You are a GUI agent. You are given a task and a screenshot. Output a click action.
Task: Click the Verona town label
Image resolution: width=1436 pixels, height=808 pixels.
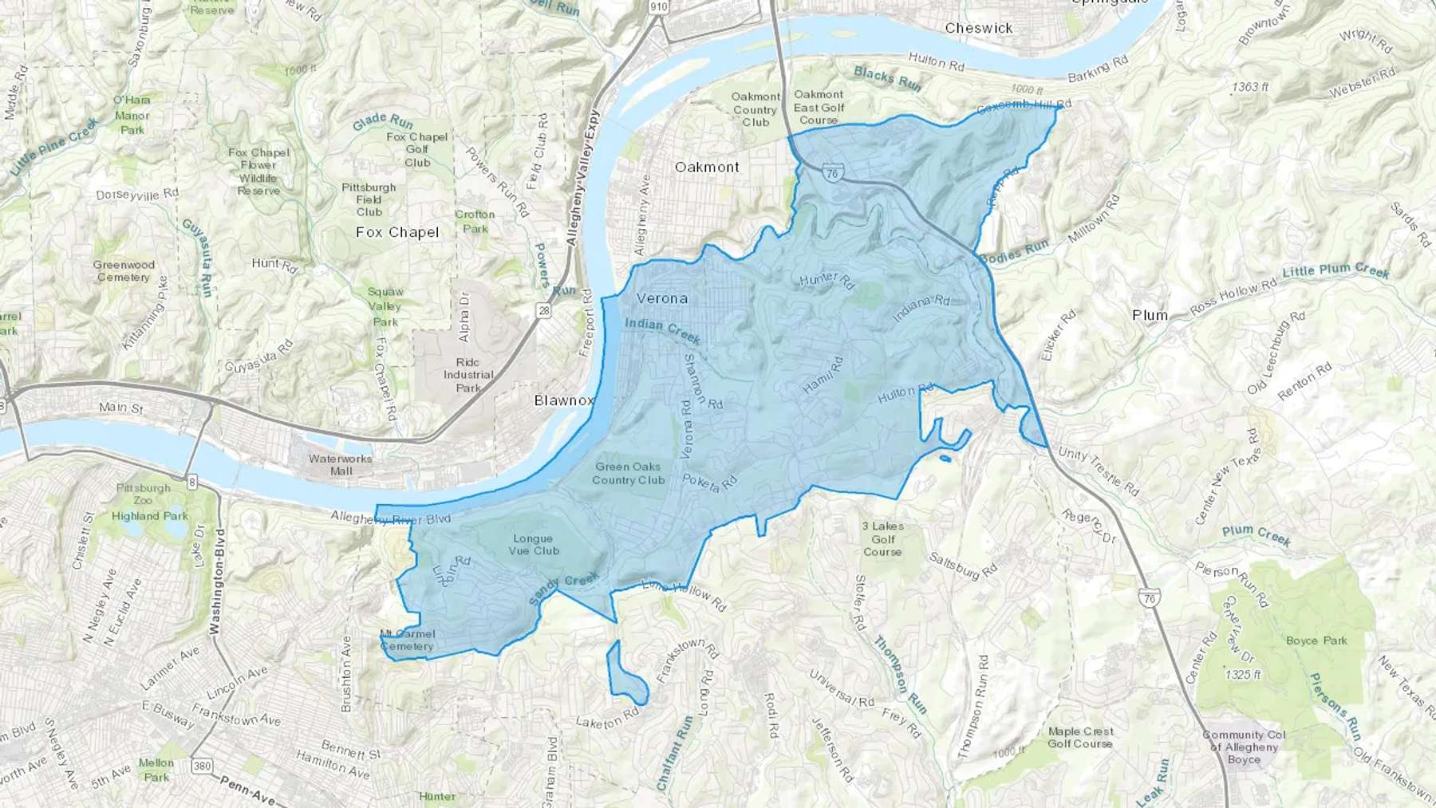click(x=661, y=298)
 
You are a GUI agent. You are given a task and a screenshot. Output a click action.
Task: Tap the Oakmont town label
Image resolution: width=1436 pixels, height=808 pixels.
click(x=707, y=167)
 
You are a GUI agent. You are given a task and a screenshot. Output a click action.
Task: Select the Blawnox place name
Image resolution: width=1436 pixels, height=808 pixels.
click(x=564, y=400)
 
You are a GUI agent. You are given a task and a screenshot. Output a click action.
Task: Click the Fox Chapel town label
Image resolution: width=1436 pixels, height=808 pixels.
click(x=397, y=232)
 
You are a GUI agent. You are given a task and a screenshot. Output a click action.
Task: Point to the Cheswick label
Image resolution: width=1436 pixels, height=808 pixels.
click(x=978, y=28)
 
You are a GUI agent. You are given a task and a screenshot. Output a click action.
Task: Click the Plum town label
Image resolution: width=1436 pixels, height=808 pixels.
click(x=1150, y=315)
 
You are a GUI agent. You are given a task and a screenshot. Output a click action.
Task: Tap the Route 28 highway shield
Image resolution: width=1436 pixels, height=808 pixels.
click(x=544, y=311)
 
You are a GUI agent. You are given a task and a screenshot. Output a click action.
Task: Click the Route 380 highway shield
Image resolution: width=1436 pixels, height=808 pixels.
click(x=203, y=767)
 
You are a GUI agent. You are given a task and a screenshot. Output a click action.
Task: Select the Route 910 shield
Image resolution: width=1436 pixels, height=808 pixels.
click(x=658, y=7)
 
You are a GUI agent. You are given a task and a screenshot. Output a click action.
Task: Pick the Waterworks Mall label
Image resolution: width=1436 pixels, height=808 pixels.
click(x=341, y=464)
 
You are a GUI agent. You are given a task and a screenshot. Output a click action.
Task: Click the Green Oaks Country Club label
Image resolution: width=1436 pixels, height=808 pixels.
click(x=628, y=473)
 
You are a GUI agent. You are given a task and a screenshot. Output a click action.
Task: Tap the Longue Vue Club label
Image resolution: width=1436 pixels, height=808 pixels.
click(x=534, y=545)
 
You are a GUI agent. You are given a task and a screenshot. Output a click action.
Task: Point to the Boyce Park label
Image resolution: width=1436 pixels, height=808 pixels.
click(x=1316, y=640)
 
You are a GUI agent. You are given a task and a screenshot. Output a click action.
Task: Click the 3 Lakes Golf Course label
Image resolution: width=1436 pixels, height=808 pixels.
click(x=882, y=538)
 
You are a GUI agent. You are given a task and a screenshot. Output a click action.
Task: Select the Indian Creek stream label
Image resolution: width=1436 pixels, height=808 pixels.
click(x=662, y=330)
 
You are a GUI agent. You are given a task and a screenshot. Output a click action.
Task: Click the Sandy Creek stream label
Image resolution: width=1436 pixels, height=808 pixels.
click(x=564, y=589)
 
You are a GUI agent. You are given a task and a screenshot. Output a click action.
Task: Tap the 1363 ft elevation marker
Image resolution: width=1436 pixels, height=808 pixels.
click(x=1249, y=86)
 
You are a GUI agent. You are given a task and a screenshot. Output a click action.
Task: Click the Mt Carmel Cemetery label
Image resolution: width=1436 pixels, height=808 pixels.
click(x=407, y=640)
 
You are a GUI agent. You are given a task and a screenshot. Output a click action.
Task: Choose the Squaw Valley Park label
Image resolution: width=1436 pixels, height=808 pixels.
click(x=385, y=306)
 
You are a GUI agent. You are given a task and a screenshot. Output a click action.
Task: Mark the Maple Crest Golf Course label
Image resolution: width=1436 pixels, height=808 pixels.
click(x=1080, y=737)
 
